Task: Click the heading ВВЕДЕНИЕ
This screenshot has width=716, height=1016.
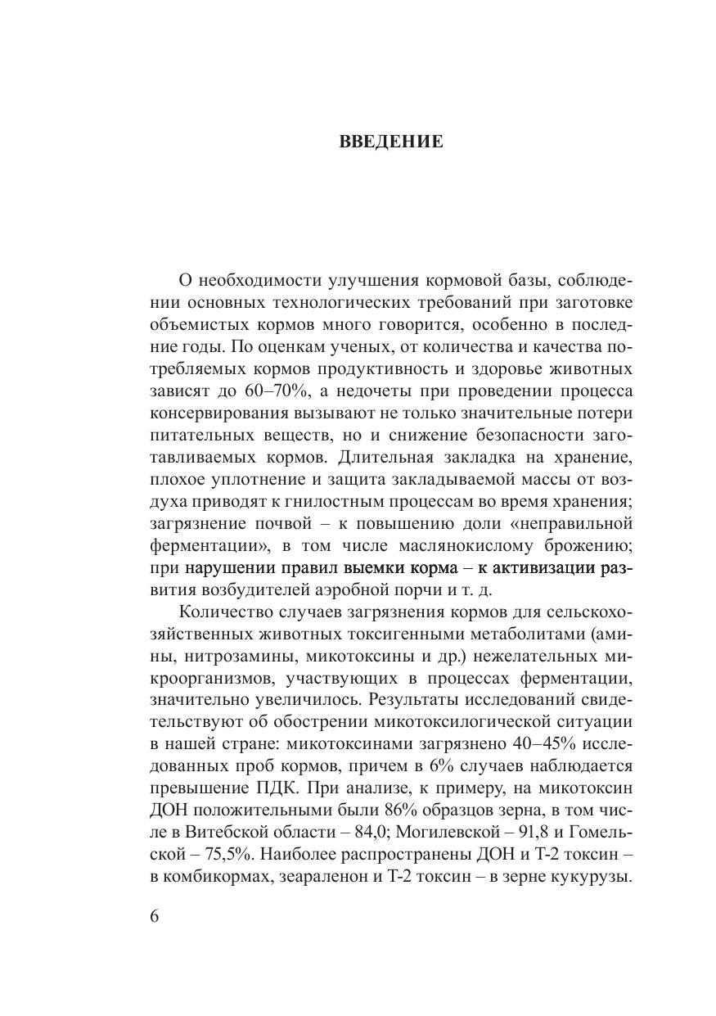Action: [x=391, y=142]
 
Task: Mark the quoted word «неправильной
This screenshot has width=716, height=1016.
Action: [x=561, y=522]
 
